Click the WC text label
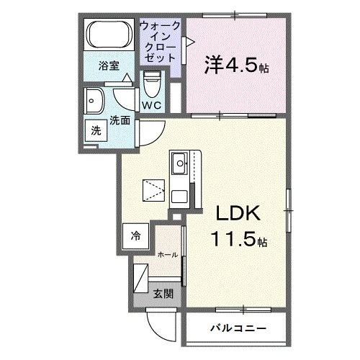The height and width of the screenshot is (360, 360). [x=150, y=105]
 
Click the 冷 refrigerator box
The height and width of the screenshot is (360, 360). [x=136, y=235]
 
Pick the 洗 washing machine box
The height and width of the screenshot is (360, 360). [x=96, y=131]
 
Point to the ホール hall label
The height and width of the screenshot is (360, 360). [x=168, y=254]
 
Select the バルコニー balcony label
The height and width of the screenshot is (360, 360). [x=238, y=328]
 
